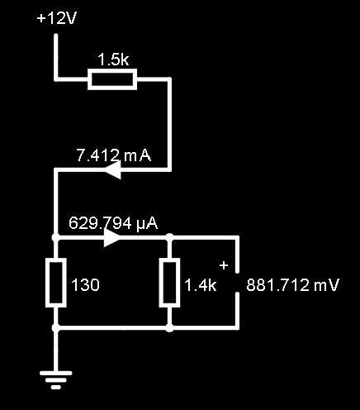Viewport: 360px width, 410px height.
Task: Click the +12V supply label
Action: (x=57, y=19)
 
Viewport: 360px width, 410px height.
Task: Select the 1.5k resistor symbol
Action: (x=112, y=79)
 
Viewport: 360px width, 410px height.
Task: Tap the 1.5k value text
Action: (x=113, y=60)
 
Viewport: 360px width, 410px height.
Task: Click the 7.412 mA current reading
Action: (x=114, y=155)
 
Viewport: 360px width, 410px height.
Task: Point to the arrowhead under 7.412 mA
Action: (x=113, y=170)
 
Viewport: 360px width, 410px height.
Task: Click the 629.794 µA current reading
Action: (x=113, y=223)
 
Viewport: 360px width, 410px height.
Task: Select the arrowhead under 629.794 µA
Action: (x=112, y=238)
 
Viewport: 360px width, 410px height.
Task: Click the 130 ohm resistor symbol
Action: (x=56, y=283)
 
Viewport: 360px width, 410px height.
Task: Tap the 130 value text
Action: (x=85, y=285)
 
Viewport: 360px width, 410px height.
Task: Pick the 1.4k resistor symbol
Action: (x=170, y=283)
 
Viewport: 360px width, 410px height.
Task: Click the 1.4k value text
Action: (x=201, y=285)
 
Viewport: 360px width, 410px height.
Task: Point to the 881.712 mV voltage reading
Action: (x=292, y=285)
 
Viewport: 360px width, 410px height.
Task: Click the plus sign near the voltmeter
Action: (x=224, y=265)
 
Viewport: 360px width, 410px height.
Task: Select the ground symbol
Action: (x=56, y=380)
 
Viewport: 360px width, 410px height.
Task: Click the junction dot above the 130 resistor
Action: (x=56, y=237)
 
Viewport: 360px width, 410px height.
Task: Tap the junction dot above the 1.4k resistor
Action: (x=170, y=237)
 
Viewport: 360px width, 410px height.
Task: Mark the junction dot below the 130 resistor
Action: (x=56, y=328)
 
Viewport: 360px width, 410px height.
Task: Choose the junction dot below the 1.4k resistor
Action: (x=170, y=328)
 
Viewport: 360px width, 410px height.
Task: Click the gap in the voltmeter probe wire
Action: (x=237, y=283)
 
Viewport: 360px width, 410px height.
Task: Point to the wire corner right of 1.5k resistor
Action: (x=169, y=79)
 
